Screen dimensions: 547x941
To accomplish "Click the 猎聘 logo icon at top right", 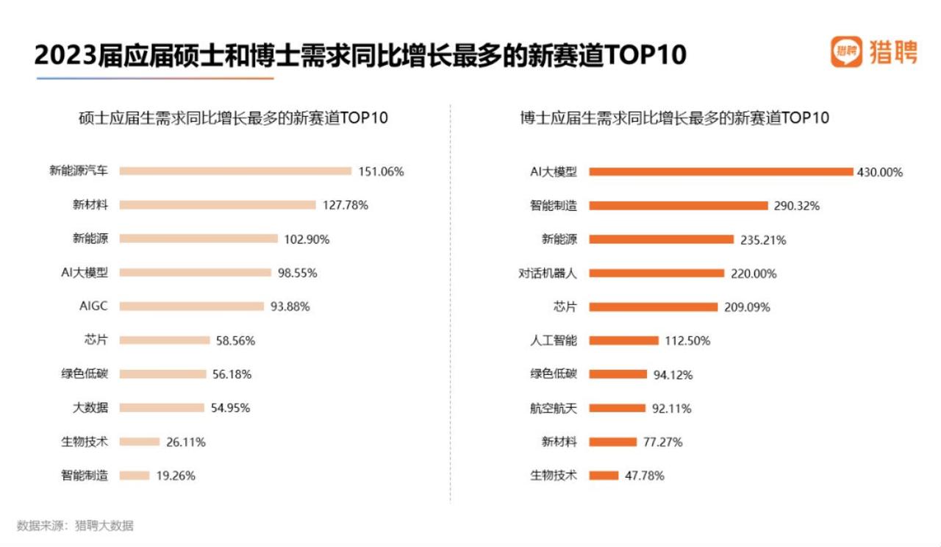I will click(x=846, y=52).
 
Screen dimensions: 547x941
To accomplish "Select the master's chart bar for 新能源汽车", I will click(x=235, y=171).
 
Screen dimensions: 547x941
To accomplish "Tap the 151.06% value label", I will click(x=381, y=171).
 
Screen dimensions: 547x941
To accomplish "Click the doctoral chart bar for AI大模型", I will click(x=720, y=171).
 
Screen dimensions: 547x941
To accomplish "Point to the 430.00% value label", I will click(x=879, y=172).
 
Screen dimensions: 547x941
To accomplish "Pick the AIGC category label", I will click(x=93, y=307).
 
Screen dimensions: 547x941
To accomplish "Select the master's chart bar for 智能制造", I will click(x=135, y=476).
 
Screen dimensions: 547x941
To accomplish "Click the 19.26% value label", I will click(x=176, y=476).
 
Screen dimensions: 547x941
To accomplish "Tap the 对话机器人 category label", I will click(x=548, y=273).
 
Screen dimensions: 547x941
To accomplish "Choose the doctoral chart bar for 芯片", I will click(x=653, y=307).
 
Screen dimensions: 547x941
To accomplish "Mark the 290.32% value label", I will click(x=796, y=206).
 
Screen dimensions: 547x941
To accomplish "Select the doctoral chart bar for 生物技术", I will click(x=604, y=476).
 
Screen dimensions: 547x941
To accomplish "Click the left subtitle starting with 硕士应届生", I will click(x=233, y=118).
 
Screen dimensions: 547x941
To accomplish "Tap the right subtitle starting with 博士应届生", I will click(x=673, y=118).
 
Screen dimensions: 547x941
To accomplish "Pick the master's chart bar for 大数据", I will click(x=162, y=407).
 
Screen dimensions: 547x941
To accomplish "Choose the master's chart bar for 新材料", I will click(x=218, y=205).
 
